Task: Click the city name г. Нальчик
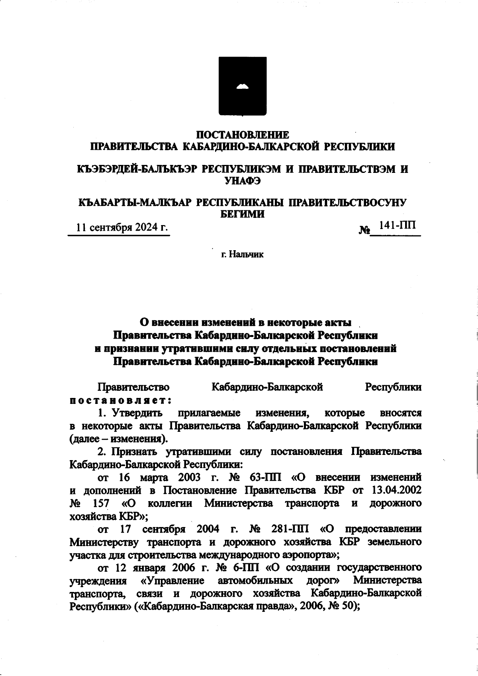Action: coord(243,254)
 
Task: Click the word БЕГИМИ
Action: coord(243,214)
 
